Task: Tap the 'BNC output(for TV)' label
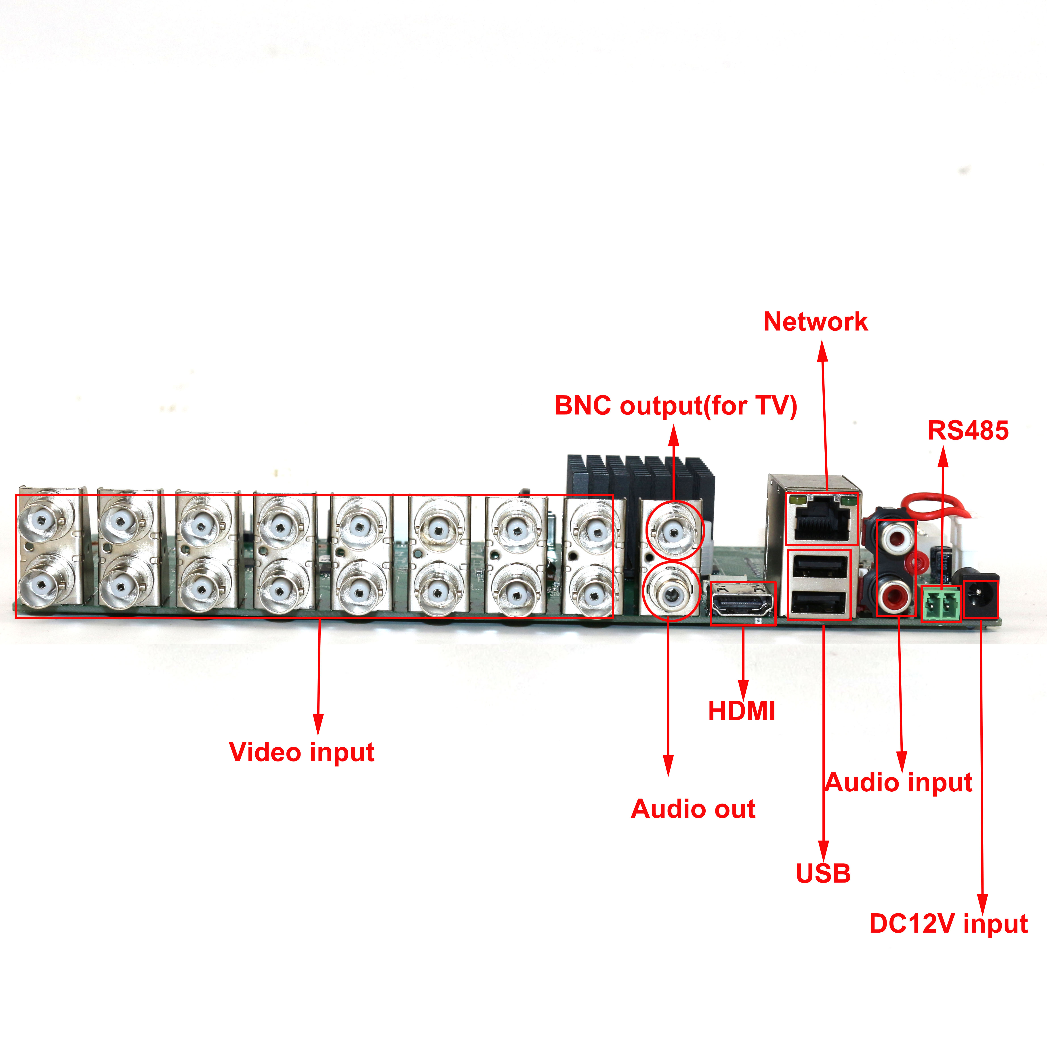[x=675, y=406]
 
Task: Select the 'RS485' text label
[x=968, y=430]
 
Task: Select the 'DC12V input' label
[x=948, y=923]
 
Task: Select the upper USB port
[x=819, y=567]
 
